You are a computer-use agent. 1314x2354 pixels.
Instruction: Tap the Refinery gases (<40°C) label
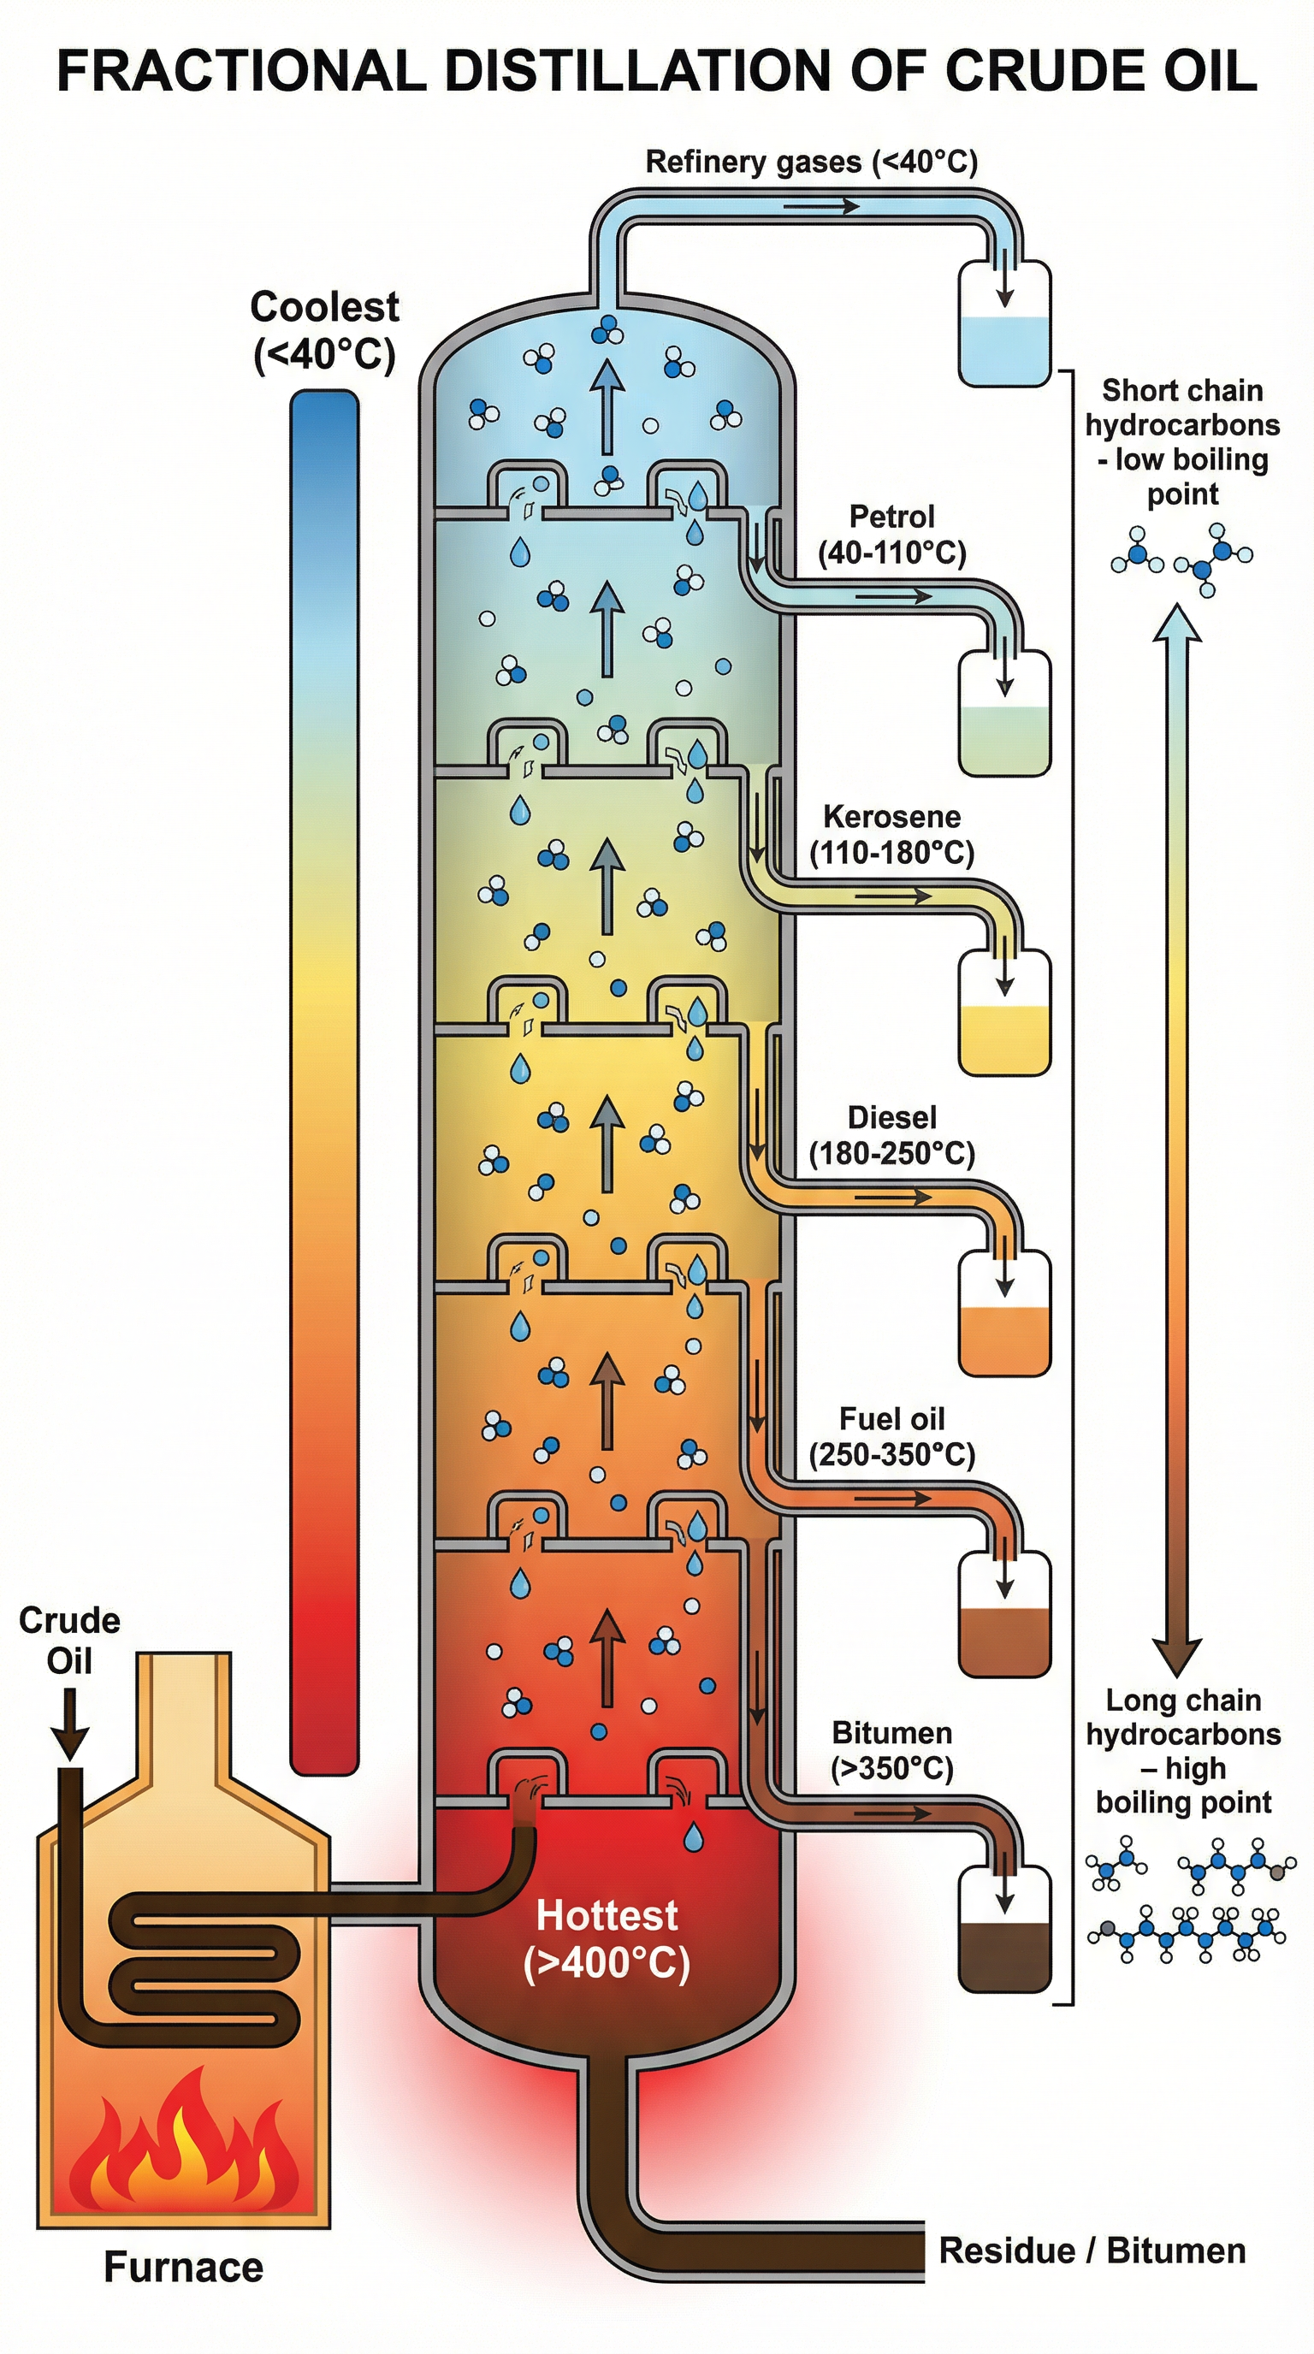[810, 163]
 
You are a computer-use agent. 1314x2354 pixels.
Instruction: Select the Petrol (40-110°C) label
[892, 535]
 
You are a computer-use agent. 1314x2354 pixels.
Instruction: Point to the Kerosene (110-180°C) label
[892, 834]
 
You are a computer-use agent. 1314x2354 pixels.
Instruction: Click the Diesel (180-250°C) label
[892, 1135]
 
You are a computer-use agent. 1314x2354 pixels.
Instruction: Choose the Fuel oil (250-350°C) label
[892, 1435]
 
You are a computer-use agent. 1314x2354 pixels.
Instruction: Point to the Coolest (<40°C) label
[324, 331]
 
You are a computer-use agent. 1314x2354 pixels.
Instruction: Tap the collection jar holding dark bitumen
[1004, 1928]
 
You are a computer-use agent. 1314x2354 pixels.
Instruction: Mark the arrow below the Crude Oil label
[68, 1724]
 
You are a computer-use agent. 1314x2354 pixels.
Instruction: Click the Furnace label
[184, 2268]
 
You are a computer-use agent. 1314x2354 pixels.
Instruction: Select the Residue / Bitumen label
[1092, 2250]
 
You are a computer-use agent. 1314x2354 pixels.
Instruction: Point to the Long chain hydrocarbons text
[1182, 1751]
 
